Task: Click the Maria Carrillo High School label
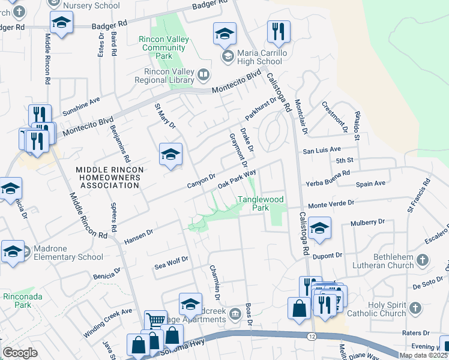pyautogui.click(x=260, y=57)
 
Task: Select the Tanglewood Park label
pyautogui.click(x=261, y=203)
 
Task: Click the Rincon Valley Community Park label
pyautogui.click(x=164, y=47)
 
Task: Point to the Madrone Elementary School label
pyautogui.click(x=65, y=253)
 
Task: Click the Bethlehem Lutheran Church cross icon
pyautogui.click(x=422, y=261)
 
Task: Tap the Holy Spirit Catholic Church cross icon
pyautogui.click(x=415, y=308)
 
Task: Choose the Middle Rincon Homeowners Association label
pyautogui.click(x=110, y=178)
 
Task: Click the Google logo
pyautogui.click(x=20, y=353)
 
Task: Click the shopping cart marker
pyautogui.click(x=155, y=320)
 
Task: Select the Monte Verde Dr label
pyautogui.click(x=331, y=204)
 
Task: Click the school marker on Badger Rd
pyautogui.click(x=61, y=23)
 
